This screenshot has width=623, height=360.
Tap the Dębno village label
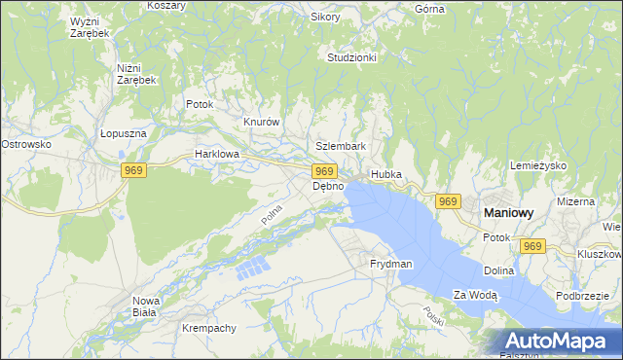point(328,186)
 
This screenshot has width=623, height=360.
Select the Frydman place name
point(391,264)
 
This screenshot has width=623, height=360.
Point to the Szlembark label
point(341,146)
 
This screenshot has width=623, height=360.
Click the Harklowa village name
point(216,154)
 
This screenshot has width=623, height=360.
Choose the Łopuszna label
point(122,135)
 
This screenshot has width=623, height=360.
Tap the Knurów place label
point(262,122)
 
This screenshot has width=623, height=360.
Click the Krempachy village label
point(209,328)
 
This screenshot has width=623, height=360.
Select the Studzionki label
point(351,57)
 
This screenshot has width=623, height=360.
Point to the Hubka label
point(385,174)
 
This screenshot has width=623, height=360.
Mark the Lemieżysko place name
point(538,165)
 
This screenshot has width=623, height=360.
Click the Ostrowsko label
point(25,144)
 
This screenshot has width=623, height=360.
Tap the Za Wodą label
point(475,295)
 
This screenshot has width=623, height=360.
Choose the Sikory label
point(325,17)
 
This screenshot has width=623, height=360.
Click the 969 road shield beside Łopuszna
point(134,171)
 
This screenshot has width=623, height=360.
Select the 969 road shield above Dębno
point(326,171)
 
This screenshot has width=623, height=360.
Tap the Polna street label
point(272,214)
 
